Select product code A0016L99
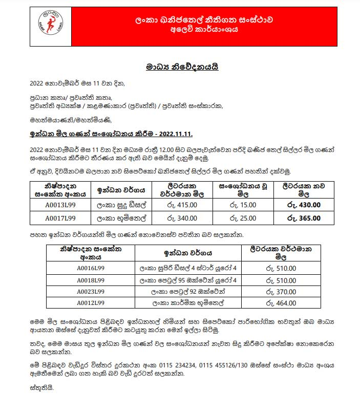click(91, 268)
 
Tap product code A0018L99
click(91, 280)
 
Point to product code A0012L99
click(91, 303)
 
